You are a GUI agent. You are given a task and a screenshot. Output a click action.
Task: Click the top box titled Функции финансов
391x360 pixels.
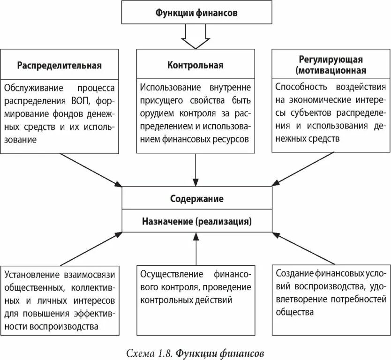(196, 13)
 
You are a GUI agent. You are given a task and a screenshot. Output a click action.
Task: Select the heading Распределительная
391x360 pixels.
(60, 65)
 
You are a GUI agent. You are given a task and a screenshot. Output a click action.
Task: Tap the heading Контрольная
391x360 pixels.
(195, 65)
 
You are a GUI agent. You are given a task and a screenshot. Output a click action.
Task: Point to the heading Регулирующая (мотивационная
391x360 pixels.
(331, 65)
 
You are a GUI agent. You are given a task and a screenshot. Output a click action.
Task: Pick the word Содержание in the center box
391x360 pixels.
(196, 199)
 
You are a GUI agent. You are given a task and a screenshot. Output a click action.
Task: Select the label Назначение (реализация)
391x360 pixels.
(196, 220)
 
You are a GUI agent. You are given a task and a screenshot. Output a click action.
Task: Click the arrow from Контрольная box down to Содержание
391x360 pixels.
(196, 169)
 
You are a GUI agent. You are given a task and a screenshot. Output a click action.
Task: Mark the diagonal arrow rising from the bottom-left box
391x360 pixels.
(89, 248)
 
